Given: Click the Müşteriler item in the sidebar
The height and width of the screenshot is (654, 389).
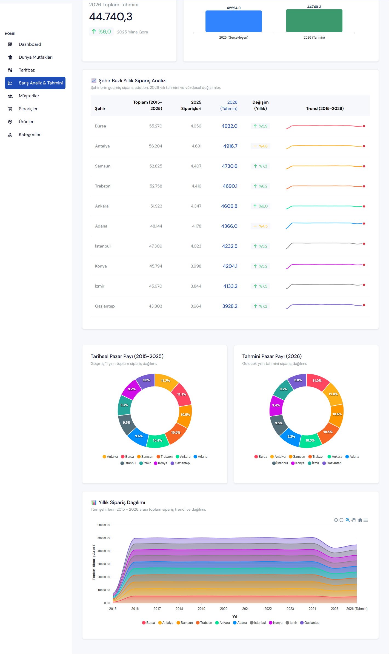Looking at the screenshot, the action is click(x=29, y=96).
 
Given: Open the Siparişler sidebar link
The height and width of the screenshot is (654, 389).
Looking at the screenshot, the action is click(x=28, y=109).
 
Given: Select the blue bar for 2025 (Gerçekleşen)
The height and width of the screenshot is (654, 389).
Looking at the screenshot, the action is click(x=234, y=21).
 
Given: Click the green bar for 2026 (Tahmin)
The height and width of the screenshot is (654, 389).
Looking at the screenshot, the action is click(x=314, y=21).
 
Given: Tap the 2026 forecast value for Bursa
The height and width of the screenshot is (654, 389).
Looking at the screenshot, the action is click(x=230, y=126).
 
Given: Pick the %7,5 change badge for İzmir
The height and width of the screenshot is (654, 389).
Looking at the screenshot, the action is click(x=261, y=286).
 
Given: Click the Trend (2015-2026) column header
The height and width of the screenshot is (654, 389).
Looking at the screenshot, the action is click(x=325, y=109).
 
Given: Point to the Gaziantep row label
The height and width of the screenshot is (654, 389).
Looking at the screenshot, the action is click(x=105, y=306).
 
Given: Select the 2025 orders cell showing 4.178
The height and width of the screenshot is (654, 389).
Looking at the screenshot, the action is click(x=197, y=226).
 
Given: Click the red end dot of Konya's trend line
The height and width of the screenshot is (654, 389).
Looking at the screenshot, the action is click(x=364, y=265).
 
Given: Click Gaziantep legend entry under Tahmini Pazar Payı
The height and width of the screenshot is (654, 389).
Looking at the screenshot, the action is click(x=332, y=463).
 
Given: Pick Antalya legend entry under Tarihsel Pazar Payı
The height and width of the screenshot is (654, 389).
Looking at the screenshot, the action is click(x=110, y=457).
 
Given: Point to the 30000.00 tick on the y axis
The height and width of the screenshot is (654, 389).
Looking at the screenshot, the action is click(x=104, y=564).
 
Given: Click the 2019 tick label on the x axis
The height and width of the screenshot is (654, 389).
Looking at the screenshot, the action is click(x=202, y=608).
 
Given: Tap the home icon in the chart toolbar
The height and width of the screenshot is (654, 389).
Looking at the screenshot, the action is click(x=360, y=520).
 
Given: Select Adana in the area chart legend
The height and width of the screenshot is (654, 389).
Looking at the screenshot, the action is click(x=240, y=623).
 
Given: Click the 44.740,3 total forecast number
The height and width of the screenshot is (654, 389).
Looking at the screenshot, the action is click(x=111, y=17).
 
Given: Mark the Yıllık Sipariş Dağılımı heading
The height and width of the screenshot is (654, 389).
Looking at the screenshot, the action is click(x=122, y=502).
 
